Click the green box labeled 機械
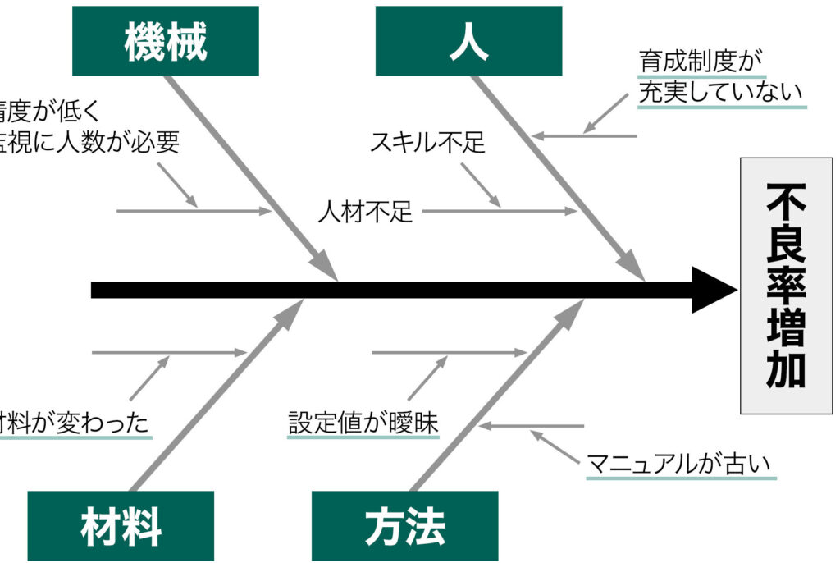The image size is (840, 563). [x=166, y=41]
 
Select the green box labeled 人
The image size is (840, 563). [x=469, y=41]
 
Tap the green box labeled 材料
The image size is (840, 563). [x=121, y=526]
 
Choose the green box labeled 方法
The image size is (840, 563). [x=405, y=526]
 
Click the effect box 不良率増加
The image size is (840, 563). [x=786, y=286]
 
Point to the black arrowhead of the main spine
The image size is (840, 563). [x=714, y=290]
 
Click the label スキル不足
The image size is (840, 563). [x=427, y=143]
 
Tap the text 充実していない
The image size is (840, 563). [x=720, y=93]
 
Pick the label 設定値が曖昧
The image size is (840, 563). [x=363, y=423]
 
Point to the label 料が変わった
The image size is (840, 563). [x=74, y=423]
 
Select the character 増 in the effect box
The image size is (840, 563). [x=786, y=333]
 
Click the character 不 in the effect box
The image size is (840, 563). [x=786, y=199]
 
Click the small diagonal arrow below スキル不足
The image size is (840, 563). [x=481, y=184]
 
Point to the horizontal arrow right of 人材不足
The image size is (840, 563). [x=500, y=212]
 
